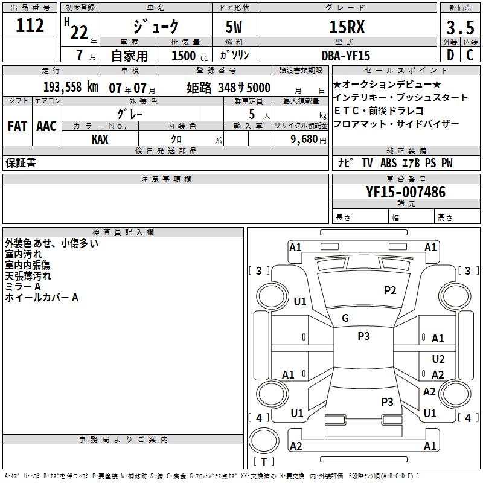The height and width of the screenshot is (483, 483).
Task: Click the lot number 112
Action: click(x=31, y=26)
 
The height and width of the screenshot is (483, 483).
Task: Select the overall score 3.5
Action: click(x=459, y=28)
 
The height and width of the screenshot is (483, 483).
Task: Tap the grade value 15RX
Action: click(x=347, y=27)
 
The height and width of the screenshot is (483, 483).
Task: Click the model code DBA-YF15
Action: click(x=346, y=56)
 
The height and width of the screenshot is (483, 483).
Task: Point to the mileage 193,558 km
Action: click(x=70, y=87)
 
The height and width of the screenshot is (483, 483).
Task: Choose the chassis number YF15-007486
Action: click(x=406, y=193)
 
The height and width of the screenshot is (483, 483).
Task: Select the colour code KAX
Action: click(x=100, y=139)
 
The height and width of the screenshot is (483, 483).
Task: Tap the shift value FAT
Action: click(x=17, y=126)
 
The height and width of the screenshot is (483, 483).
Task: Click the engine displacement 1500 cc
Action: click(x=188, y=56)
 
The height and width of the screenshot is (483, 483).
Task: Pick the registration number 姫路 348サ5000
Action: click(x=228, y=88)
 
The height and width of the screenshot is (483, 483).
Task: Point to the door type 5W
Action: click(x=235, y=27)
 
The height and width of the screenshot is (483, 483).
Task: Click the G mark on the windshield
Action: click(x=345, y=318)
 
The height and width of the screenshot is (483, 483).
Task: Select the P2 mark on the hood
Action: click(x=391, y=290)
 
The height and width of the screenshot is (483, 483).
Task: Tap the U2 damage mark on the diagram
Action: click(x=438, y=359)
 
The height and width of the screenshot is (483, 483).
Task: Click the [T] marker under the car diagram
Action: click(x=264, y=462)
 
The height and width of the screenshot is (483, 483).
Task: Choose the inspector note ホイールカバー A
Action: click(x=42, y=298)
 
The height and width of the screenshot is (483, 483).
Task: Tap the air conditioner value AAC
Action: click(x=46, y=126)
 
